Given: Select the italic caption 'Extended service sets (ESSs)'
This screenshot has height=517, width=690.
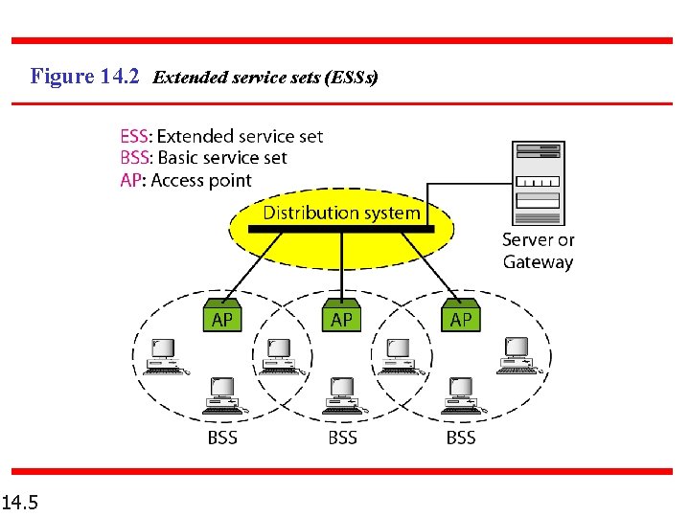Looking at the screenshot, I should click(x=265, y=77).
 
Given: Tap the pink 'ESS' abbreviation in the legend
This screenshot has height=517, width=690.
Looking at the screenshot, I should click(x=135, y=137).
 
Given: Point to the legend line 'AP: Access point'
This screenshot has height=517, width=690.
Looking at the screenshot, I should click(x=185, y=180).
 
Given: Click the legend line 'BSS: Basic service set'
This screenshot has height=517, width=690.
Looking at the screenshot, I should click(x=203, y=158).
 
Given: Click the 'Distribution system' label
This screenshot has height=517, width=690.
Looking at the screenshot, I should click(x=341, y=213).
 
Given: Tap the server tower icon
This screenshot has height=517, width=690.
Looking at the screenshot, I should click(x=539, y=181).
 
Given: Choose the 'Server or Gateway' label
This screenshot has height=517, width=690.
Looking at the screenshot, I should click(x=538, y=251).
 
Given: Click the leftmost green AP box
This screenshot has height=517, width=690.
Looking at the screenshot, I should click(x=221, y=317).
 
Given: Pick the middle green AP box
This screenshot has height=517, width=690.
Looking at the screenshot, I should click(x=341, y=317).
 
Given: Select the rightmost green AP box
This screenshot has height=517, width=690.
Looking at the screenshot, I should click(x=461, y=317).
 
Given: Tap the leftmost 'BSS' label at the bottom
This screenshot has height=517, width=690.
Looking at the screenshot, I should click(x=221, y=438).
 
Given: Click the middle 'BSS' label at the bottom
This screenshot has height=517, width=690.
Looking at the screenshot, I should click(x=342, y=438).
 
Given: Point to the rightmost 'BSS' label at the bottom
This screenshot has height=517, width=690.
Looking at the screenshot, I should click(x=461, y=438).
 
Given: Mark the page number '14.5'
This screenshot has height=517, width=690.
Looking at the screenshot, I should click(x=20, y=501).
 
